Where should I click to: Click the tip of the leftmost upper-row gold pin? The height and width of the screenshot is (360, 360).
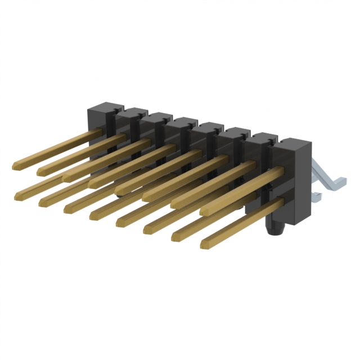tap(15, 165)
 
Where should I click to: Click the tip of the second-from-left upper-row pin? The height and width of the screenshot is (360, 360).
tap(40, 170)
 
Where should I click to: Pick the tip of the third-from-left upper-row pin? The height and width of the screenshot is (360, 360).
tap(65, 177)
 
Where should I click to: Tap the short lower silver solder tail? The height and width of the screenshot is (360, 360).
tap(316, 196)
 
